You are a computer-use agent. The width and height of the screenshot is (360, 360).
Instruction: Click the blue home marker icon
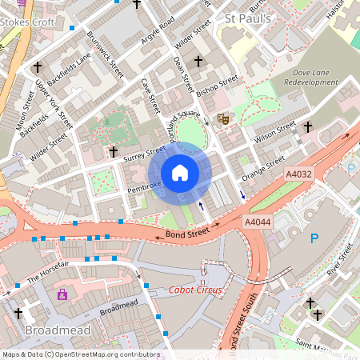[x=180, y=173]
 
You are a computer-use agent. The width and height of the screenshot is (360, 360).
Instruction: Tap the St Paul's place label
[x=248, y=18]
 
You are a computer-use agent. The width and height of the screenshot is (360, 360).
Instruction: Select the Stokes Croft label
[x=28, y=22]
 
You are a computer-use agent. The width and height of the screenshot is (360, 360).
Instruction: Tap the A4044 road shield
[x=258, y=222]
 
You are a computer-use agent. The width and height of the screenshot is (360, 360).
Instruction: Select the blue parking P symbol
[x=314, y=238]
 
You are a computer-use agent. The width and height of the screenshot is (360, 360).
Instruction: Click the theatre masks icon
[x=224, y=119]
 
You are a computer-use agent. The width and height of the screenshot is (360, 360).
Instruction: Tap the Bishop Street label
[x=217, y=89]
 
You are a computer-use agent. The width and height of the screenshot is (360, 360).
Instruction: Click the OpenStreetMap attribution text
[x=80, y=354]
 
